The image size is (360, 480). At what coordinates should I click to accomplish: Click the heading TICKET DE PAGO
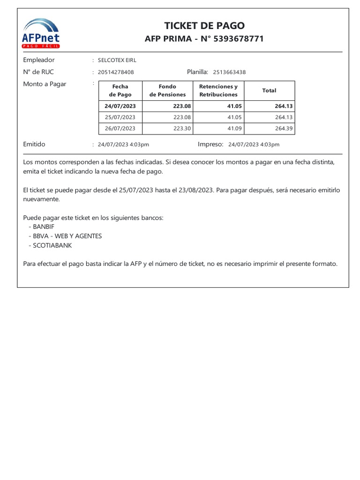click(x=204, y=26)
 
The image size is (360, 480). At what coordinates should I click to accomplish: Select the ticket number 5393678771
click(x=239, y=39)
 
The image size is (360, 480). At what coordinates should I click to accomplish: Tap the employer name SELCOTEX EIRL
click(x=117, y=60)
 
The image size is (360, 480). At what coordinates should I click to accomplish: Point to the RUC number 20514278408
click(x=116, y=72)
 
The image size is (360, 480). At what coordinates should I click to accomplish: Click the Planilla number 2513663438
click(x=229, y=72)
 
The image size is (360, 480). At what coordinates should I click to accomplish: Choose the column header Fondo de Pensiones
click(x=167, y=90)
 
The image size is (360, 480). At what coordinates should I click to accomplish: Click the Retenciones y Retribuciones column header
click(x=218, y=90)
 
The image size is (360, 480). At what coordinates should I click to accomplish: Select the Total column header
click(x=269, y=90)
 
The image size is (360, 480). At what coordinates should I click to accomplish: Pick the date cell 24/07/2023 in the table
click(x=120, y=106)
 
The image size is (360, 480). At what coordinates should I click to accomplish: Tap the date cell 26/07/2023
click(x=120, y=128)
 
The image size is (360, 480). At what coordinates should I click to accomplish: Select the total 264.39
click(x=284, y=128)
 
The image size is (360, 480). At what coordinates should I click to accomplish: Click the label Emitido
click(x=34, y=144)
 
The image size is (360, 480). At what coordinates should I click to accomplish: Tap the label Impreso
click(x=210, y=144)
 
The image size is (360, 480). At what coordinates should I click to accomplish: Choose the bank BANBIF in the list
click(x=44, y=227)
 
